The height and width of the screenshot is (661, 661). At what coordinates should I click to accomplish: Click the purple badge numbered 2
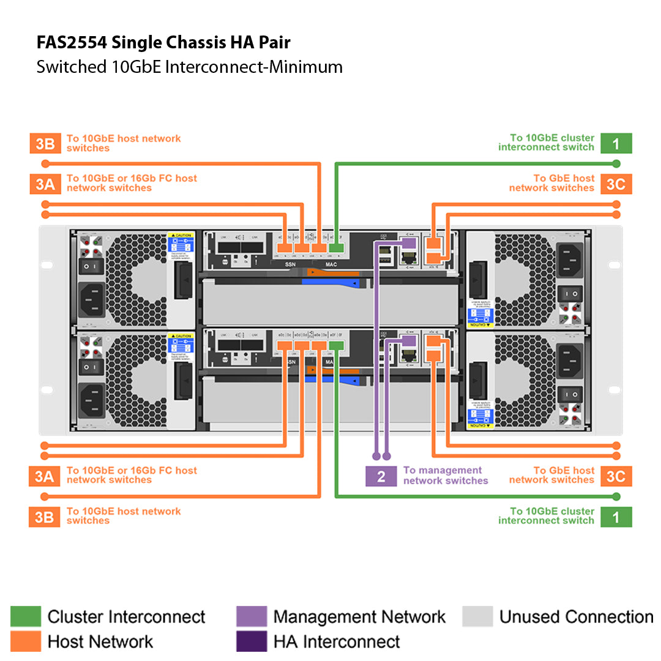[x=381, y=477]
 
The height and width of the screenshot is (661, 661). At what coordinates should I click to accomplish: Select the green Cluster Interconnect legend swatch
[x=26, y=616]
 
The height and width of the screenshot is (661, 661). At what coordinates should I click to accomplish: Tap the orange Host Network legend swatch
[x=26, y=641]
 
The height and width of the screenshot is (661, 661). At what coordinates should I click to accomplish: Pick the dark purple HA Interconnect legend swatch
[x=252, y=641]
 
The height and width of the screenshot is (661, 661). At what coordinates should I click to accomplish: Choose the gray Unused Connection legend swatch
[x=477, y=616]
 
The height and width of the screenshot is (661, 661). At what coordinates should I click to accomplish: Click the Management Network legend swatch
[x=252, y=616]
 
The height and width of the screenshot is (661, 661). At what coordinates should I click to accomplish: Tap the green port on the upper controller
[x=336, y=248]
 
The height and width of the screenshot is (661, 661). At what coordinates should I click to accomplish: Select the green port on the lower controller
[x=336, y=346]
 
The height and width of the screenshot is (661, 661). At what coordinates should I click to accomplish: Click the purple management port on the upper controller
[x=408, y=243]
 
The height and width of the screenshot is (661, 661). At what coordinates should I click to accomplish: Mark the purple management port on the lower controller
[x=408, y=340]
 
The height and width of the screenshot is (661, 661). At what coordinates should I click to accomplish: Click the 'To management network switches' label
[x=445, y=476]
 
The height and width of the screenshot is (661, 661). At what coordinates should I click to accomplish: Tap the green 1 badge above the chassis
[x=616, y=143]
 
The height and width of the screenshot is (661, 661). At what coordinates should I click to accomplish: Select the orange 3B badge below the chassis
[x=44, y=517]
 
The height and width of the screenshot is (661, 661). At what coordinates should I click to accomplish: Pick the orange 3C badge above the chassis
[x=616, y=184]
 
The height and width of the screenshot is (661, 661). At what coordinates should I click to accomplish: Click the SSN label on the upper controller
[x=291, y=264]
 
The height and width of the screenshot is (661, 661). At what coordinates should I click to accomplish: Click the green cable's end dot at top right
[x=616, y=163]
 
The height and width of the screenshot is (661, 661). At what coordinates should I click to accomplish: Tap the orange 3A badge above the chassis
[x=44, y=184]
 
